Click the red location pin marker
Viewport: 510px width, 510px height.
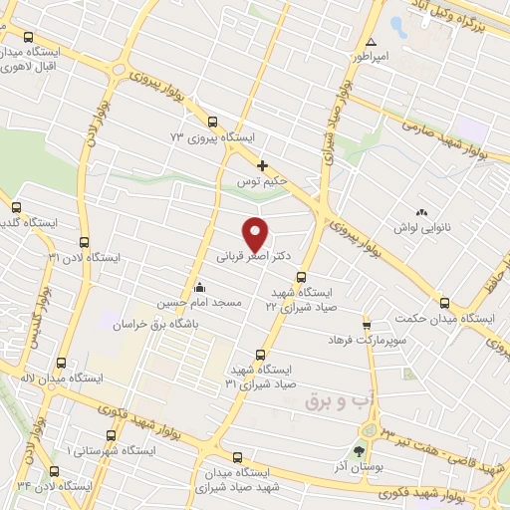pyautogui.click(x=257, y=233)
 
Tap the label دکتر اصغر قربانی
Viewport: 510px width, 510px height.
pyautogui.click(x=255, y=256)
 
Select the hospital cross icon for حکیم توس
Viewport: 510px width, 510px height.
pyautogui.click(x=262, y=165)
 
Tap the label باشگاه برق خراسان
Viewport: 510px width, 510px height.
pyautogui.click(x=155, y=325)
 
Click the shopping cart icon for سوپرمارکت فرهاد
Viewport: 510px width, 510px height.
pyautogui.click(x=367, y=325)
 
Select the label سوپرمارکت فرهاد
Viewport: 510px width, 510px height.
pyautogui.click(x=367, y=340)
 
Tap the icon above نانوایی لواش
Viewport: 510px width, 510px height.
pyautogui.click(x=419, y=212)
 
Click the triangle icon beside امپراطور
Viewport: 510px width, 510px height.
pyautogui.click(x=371, y=43)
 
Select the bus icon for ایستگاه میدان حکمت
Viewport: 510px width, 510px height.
pyautogui.click(x=444, y=303)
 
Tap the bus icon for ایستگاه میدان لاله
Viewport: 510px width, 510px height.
pyautogui.click(x=62, y=364)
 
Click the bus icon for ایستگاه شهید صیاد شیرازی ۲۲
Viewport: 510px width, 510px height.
pyautogui.click(x=302, y=279)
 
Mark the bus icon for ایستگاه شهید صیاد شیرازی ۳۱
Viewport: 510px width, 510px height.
pyautogui.click(x=261, y=355)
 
